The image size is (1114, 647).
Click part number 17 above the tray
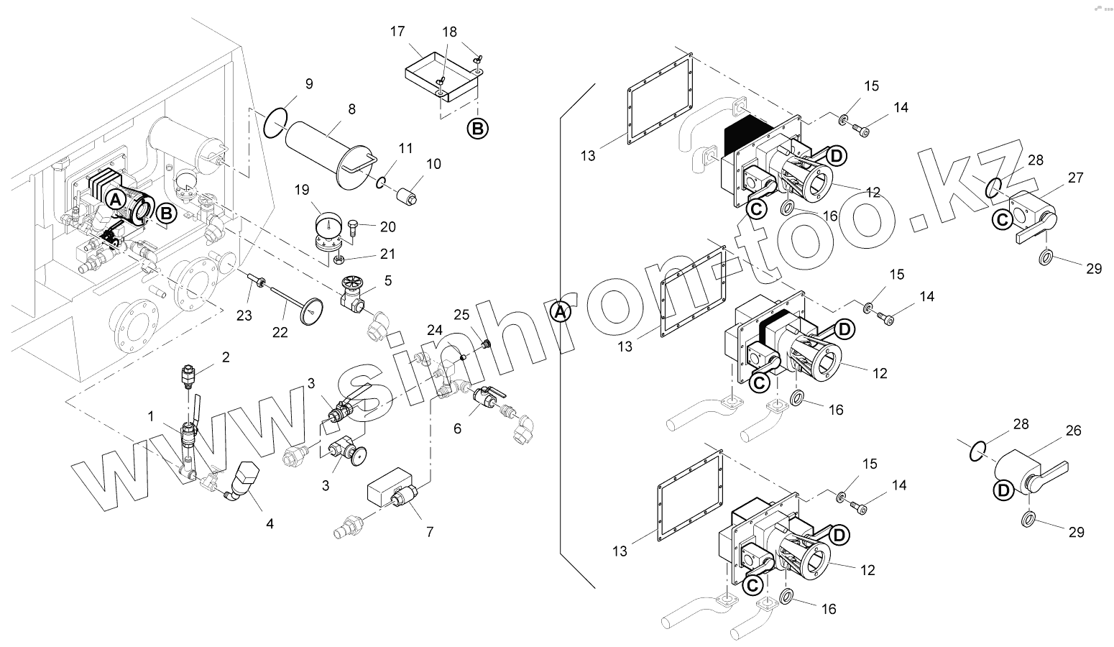point(397,32)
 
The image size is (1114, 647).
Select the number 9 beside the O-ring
point(308,84)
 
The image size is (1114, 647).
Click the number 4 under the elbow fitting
point(270,524)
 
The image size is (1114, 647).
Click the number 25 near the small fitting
point(461,314)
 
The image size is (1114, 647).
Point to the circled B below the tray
point(478,129)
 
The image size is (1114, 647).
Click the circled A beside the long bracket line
point(561,312)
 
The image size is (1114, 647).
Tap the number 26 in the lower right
point(1073,431)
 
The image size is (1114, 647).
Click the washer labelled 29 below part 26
point(1028,519)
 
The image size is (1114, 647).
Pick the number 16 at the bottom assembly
point(829,609)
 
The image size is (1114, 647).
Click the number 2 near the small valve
point(225,357)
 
